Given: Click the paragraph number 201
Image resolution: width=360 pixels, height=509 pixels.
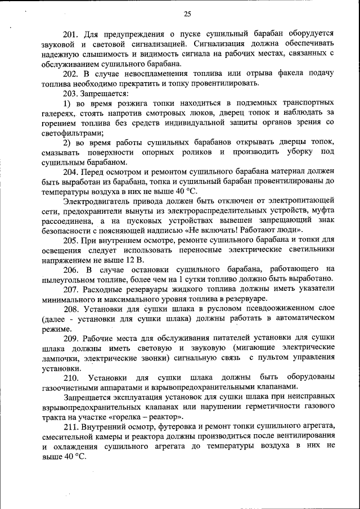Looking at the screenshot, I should (x=70, y=34).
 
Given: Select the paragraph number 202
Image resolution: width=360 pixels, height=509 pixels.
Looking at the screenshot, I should (x=70, y=74).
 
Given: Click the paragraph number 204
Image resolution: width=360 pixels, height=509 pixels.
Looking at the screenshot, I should (x=70, y=172).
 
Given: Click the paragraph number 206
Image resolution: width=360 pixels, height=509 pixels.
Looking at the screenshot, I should (x=70, y=270).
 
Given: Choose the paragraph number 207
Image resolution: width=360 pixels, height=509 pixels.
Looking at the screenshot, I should (x=70, y=290).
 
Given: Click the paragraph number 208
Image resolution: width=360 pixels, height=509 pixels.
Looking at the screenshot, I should (x=70, y=309).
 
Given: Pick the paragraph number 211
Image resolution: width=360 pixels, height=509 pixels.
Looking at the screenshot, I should (x=70, y=427).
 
